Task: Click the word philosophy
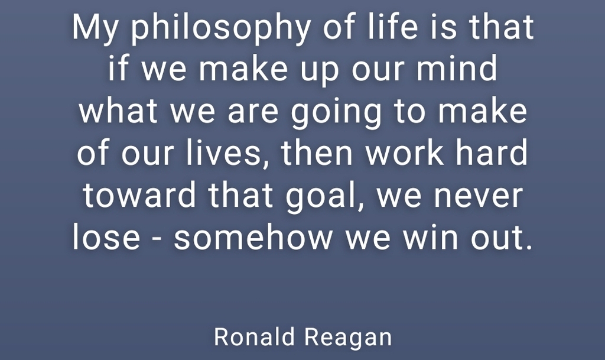(221, 28)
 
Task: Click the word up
(320, 71)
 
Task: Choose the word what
(118, 111)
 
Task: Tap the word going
(336, 113)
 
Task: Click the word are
(253, 113)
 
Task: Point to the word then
(317, 153)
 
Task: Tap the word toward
(139, 194)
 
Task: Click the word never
(478, 197)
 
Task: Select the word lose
(106, 236)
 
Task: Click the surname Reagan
(348, 338)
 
